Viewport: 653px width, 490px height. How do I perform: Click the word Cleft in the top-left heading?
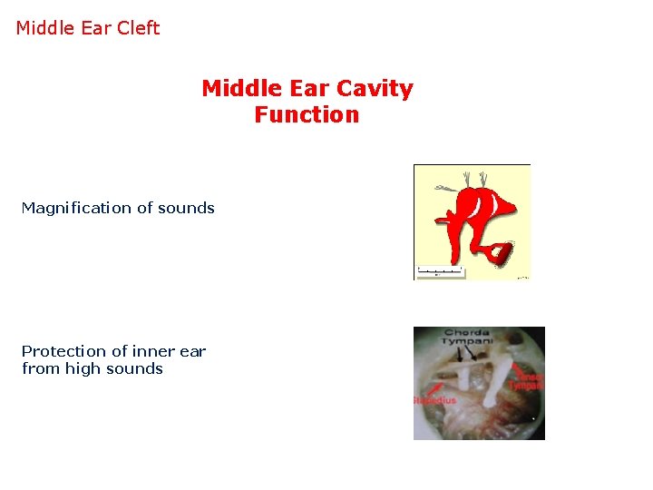(138, 28)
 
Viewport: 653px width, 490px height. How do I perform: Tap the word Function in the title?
(307, 115)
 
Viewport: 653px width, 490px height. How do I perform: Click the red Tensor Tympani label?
(526, 380)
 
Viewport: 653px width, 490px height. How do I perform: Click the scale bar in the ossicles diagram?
(440, 270)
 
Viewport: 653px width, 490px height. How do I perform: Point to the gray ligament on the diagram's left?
(445, 188)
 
